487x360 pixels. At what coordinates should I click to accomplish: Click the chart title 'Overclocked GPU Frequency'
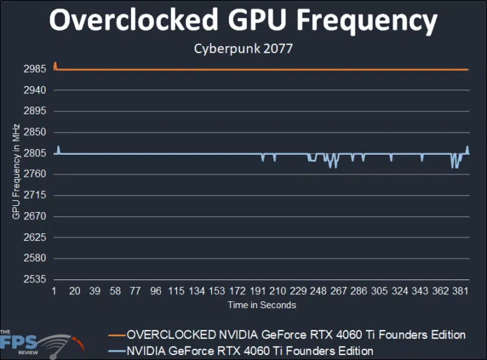coord(243,22)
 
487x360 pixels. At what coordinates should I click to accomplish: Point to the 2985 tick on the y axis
coord(34,69)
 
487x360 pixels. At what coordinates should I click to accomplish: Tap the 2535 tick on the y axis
coord(34,279)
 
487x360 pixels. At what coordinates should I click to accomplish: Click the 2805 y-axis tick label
coord(34,153)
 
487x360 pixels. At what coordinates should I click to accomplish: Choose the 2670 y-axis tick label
coord(34,216)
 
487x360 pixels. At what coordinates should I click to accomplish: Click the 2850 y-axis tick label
coord(34,132)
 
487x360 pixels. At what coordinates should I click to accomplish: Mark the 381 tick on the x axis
coord(460,291)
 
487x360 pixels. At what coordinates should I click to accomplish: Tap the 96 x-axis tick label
coord(156,291)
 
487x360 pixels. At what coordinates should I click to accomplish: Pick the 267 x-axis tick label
coord(339,291)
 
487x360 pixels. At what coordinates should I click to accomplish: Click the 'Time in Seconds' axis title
coord(262,305)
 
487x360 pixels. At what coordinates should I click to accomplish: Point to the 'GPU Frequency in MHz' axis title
coord(15,172)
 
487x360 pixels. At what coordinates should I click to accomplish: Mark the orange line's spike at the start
coord(55,64)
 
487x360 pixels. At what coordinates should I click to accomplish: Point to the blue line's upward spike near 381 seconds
coord(467,147)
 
